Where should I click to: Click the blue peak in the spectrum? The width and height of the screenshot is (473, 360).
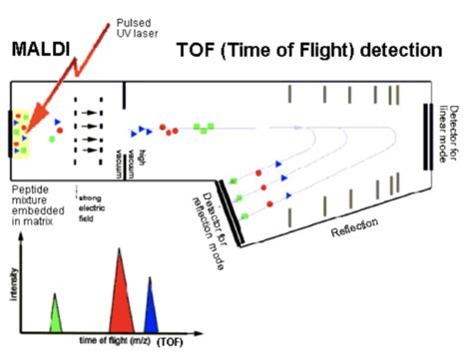coord(150,310)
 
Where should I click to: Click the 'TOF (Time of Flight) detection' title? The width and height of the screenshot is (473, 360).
coord(308,49)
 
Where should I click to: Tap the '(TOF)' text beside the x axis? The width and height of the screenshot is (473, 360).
coord(172,341)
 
